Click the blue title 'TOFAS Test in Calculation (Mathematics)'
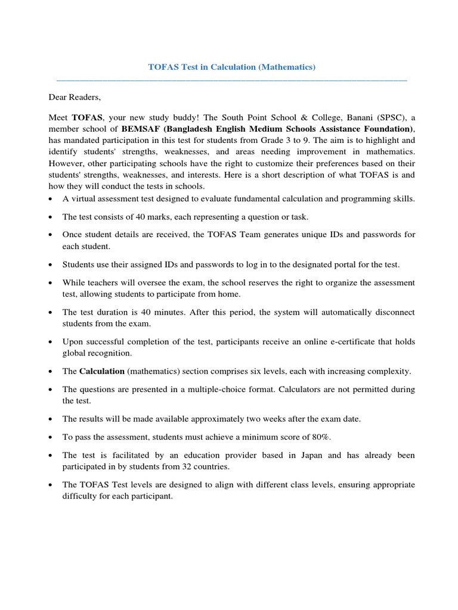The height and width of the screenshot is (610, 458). [x=231, y=67]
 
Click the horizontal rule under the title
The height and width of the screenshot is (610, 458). [x=231, y=80]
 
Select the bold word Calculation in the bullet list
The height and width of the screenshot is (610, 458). [x=101, y=371]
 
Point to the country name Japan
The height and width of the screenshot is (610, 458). [x=329, y=455]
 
